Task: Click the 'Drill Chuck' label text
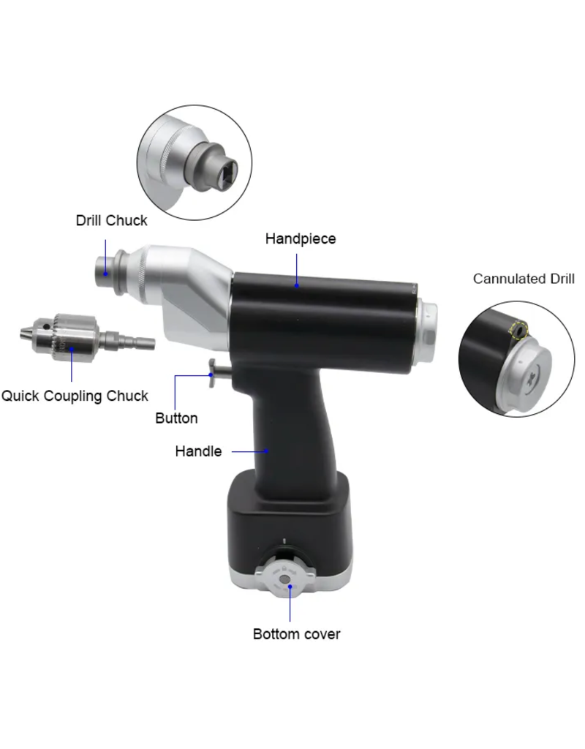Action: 111,221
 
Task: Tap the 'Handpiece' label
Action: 301,239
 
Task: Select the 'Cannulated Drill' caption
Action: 524,279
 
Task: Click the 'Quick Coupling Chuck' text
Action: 75,396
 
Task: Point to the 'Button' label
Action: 176,418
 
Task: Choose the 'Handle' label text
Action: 198,451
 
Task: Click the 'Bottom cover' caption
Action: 297,634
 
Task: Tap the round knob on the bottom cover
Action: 285,579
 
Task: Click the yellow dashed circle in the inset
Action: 518,330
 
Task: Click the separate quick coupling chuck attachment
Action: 88,336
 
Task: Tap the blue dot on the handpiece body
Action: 297,286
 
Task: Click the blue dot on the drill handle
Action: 267,451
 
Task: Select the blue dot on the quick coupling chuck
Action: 72,349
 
